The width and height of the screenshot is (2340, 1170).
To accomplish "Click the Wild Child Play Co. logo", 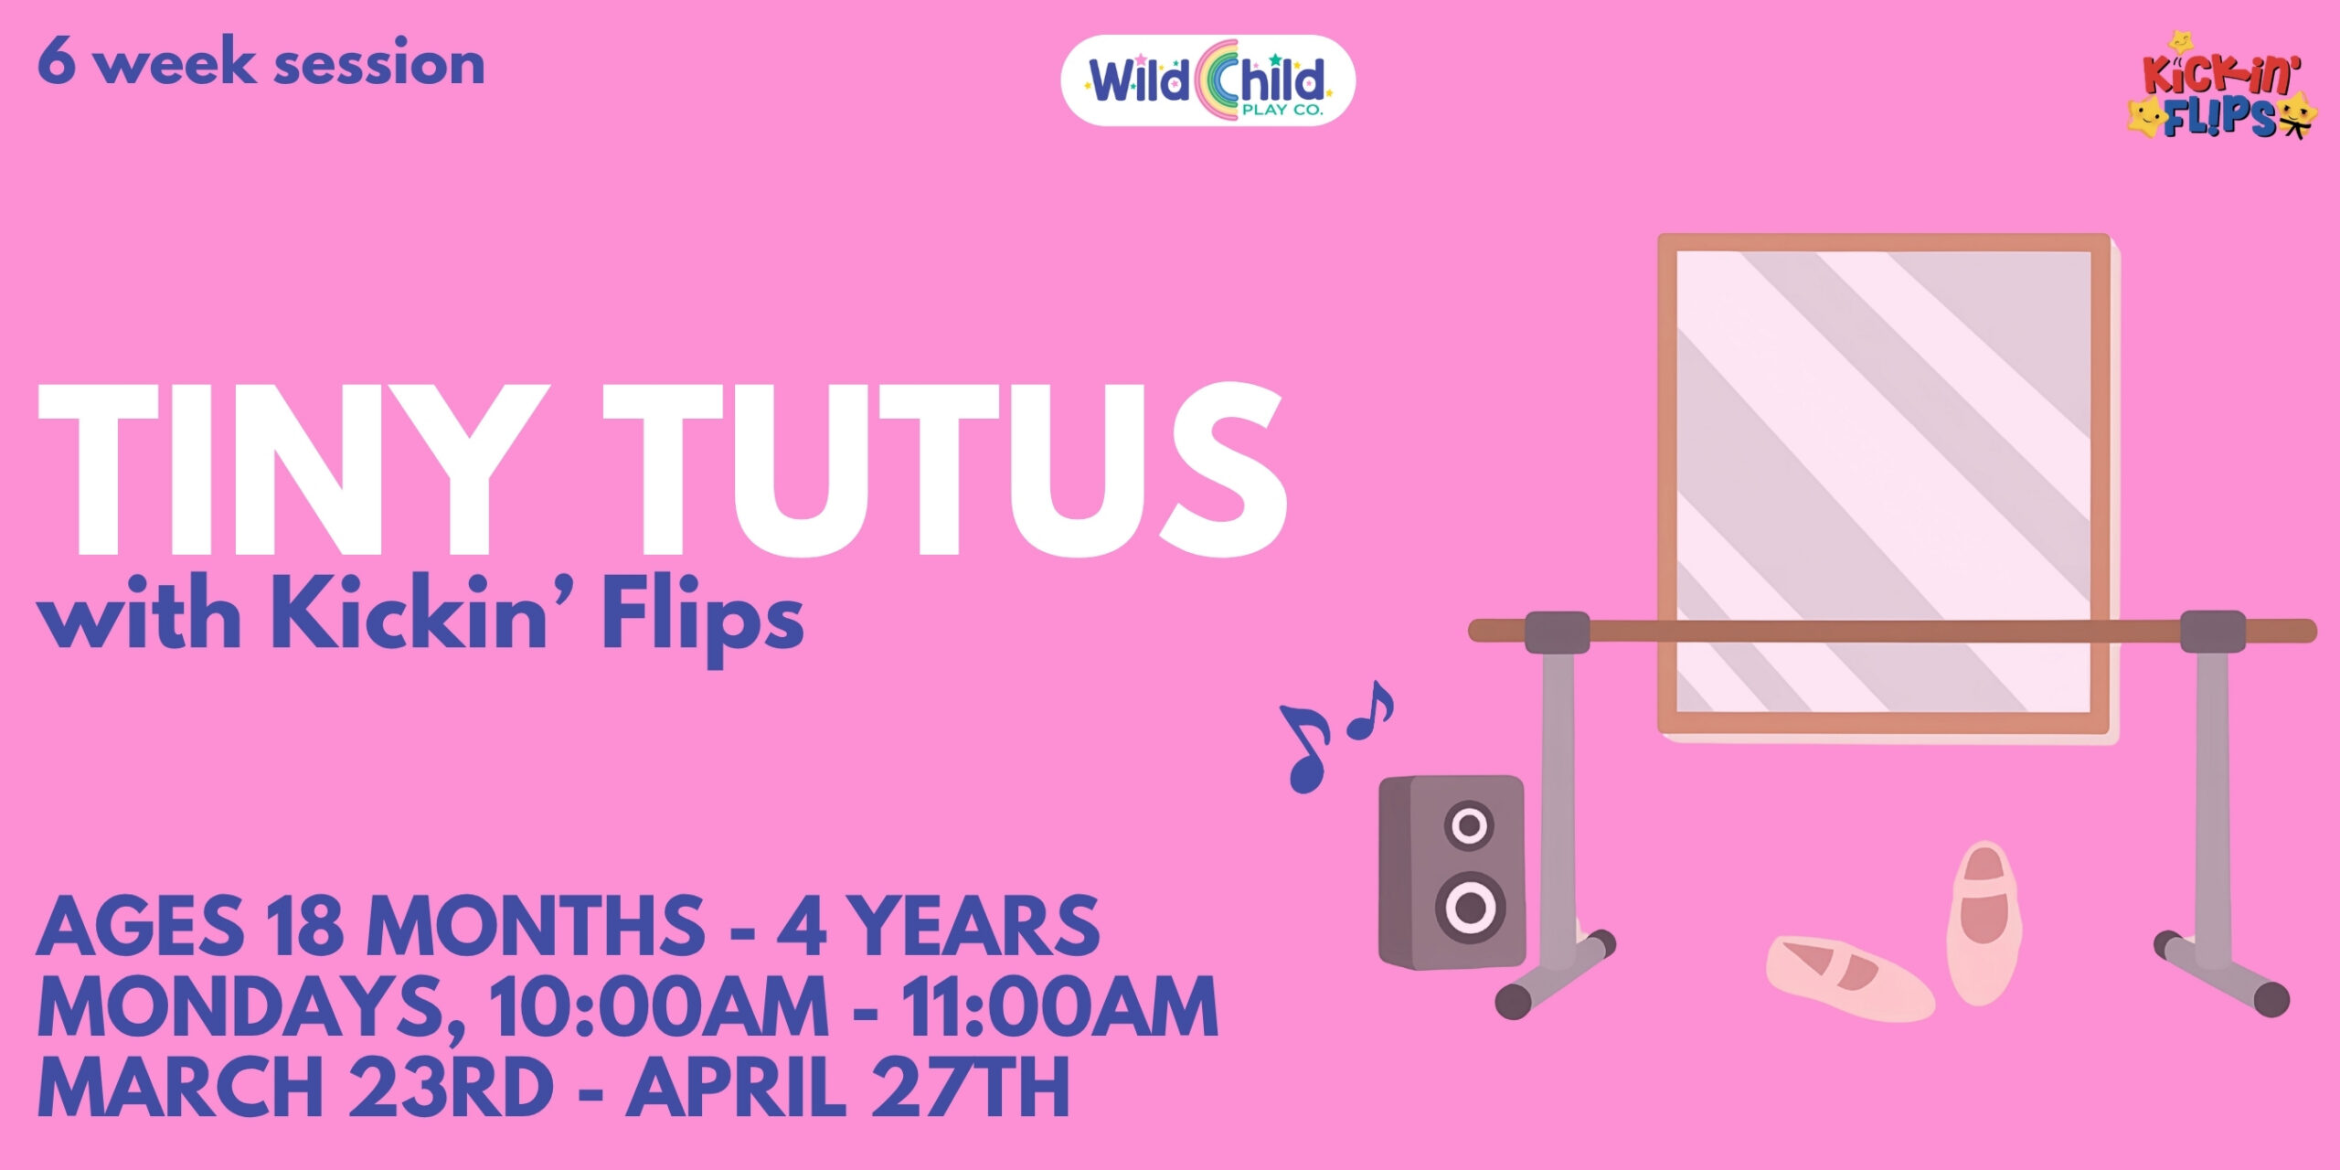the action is pos(1207,80).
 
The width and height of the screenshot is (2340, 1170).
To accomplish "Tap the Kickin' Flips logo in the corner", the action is pos(2222,85).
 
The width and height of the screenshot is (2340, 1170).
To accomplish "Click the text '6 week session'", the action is pos(261,63).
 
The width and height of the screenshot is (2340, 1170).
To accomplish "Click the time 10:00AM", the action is pos(657,1006).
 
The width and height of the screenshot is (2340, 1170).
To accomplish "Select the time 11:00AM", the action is pos(1060,1006).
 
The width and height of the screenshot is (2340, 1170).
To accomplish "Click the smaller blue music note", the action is pos(1370,711).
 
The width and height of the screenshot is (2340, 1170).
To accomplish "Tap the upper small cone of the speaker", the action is pos(1469,826).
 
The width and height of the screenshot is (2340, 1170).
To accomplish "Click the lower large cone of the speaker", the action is pos(1471,908).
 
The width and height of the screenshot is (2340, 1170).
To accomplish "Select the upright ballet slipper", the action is pos(1983,924).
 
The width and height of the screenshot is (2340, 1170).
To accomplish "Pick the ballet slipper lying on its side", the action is pos(1849,978).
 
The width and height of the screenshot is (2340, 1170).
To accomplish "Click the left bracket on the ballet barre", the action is pos(1558,632).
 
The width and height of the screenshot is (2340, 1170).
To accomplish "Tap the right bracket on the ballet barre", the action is pos(2212,632).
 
